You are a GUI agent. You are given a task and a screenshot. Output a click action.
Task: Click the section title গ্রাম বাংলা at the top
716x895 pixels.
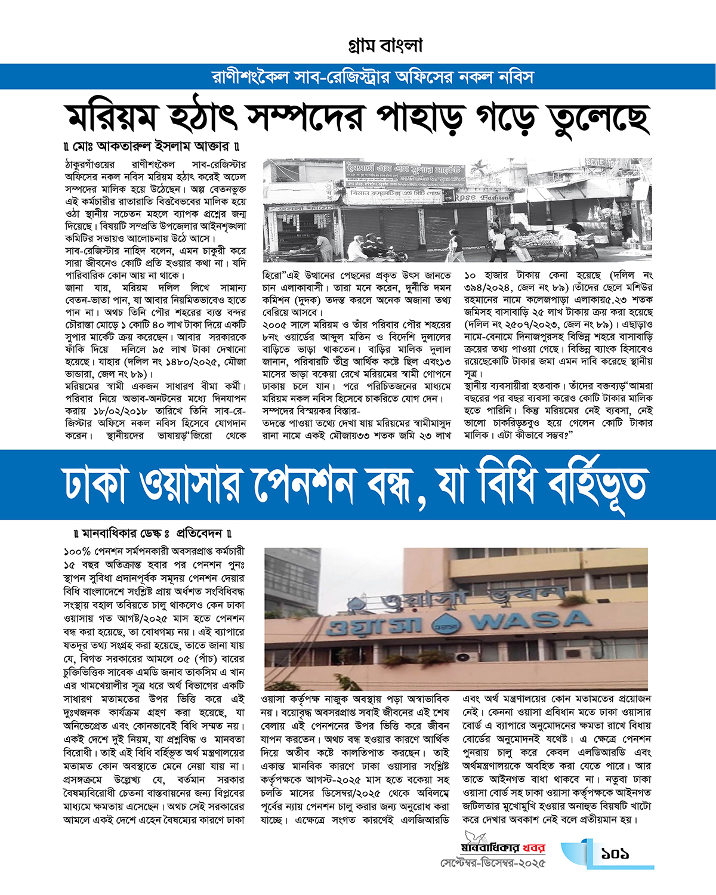385,46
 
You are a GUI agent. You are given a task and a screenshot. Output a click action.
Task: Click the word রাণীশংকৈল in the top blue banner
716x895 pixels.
251,78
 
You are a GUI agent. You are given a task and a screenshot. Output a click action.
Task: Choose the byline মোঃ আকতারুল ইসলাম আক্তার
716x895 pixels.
154,146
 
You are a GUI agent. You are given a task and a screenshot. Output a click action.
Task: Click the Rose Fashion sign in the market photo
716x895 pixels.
484,197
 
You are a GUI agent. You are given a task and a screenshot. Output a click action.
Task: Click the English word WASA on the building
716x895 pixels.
530,621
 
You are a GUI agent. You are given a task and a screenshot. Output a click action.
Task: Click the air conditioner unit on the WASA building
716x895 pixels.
464,658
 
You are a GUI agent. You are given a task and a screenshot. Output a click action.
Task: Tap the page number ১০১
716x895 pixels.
615,854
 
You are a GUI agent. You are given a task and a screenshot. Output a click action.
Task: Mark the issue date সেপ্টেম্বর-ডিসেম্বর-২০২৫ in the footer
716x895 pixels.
493,863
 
